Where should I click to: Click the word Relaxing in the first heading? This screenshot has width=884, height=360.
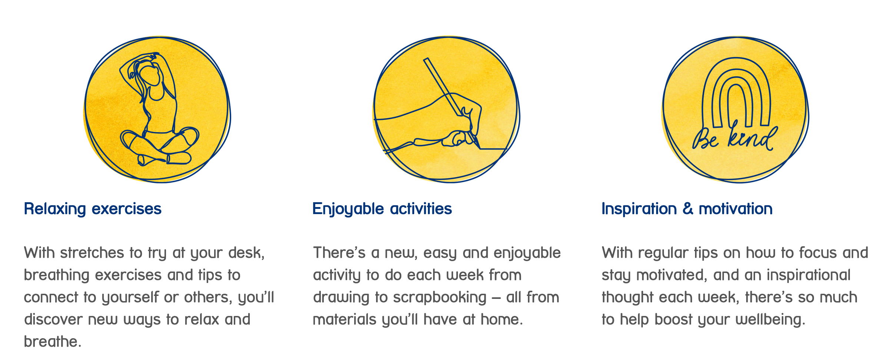click(x=55, y=209)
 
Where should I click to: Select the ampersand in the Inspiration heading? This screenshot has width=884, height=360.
click(x=688, y=209)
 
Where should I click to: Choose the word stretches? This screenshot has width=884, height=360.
click(x=92, y=253)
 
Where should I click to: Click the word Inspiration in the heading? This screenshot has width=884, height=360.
click(x=639, y=209)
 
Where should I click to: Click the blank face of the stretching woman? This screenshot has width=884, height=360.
click(x=151, y=76)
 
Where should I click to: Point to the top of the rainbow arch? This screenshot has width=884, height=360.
click(x=736, y=59)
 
